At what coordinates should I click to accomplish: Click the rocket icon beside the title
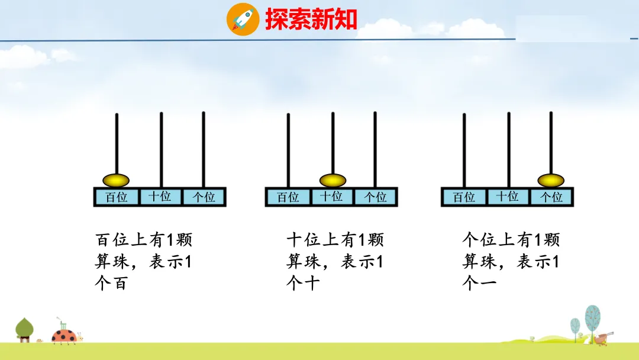coord(243,19)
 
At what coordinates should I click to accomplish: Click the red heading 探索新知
coord(311,20)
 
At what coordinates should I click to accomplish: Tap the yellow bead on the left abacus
coord(117,180)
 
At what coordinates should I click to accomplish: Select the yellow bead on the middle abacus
coord(333,180)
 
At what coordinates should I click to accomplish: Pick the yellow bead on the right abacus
coord(550,180)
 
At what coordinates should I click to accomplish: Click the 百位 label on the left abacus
coord(117,197)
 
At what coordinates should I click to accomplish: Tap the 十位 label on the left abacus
coord(160,197)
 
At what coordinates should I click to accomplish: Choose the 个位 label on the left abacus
coord(204,197)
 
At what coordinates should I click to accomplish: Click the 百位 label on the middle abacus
coord(288,197)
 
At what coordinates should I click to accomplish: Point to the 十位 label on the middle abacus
coord(332,197)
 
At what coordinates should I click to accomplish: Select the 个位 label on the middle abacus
coord(375,197)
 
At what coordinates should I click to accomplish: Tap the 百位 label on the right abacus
coord(464,197)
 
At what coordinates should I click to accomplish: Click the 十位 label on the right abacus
coord(508,197)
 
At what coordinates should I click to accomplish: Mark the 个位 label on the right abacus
coord(551,197)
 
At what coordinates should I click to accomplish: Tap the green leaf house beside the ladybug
coord(24,330)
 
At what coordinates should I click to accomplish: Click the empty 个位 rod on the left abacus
coord(204,148)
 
